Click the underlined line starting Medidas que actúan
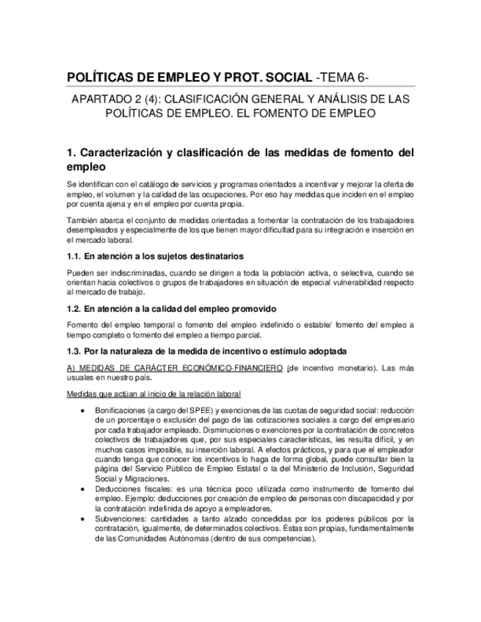(153, 394)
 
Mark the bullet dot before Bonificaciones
(88, 411)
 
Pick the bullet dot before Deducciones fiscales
(88, 489)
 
